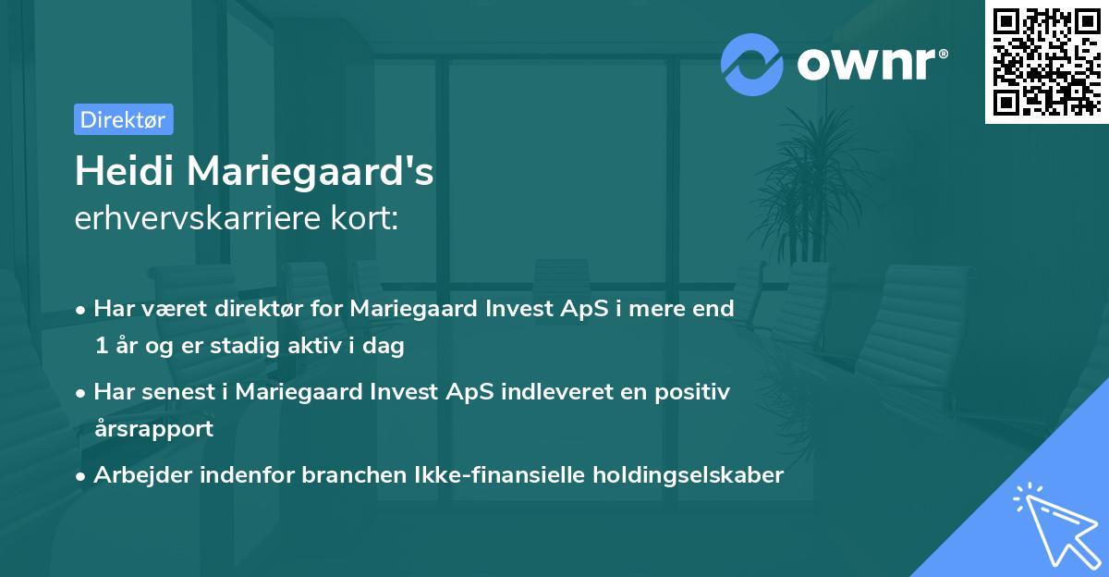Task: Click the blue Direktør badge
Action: point(123,119)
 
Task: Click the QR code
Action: point(1046,61)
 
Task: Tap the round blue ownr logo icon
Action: point(752,65)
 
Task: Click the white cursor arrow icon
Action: point(1057,527)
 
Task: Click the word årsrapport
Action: point(153,428)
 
